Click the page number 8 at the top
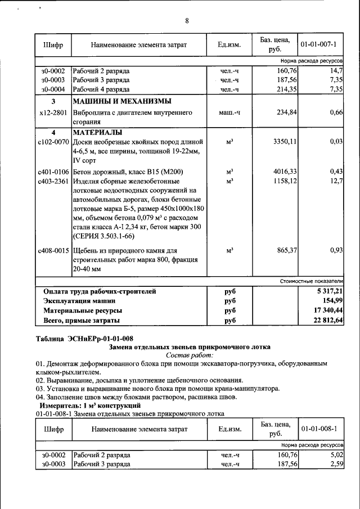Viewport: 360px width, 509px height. (187, 21)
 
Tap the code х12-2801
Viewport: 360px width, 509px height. (53, 113)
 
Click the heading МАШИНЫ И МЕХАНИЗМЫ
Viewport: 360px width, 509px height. (121, 101)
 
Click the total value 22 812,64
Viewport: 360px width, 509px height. (328, 320)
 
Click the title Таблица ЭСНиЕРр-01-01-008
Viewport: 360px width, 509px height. (84, 338)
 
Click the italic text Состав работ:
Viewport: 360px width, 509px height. (190, 355)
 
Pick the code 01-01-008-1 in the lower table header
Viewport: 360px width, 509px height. (318, 429)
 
